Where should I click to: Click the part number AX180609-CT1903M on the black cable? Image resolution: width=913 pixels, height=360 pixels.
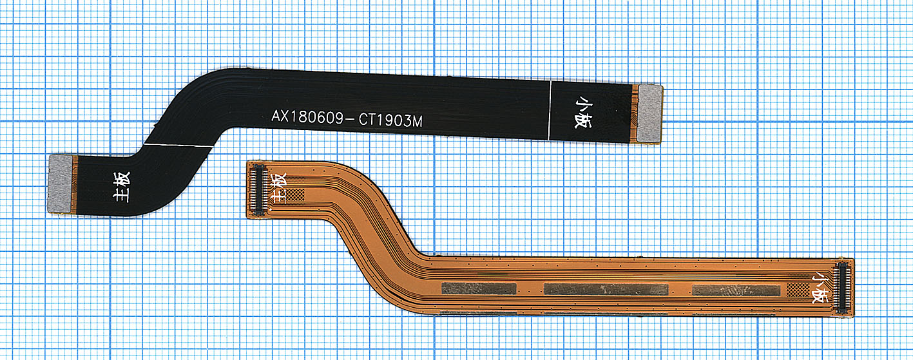(347, 119)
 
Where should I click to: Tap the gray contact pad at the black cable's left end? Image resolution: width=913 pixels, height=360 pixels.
(61, 184)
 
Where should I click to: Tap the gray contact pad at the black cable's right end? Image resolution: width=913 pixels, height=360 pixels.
(649, 114)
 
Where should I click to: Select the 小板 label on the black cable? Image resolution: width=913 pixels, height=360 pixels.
(583, 113)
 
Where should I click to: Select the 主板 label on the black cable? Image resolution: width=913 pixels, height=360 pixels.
(121, 187)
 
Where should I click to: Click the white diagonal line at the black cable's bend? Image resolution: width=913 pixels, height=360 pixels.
(178, 145)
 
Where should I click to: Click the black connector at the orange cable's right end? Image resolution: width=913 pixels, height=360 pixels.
(841, 288)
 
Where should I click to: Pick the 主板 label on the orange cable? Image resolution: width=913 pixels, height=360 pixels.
(280, 188)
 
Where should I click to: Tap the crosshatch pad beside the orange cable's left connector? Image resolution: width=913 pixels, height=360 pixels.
(296, 194)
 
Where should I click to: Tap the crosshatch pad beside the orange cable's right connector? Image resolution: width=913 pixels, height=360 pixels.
(798, 290)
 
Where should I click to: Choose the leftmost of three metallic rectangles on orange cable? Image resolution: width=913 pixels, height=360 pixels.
(479, 289)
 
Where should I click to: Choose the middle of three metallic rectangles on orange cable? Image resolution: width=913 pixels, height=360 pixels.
(606, 289)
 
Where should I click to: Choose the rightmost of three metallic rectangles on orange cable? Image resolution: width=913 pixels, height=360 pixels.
(736, 290)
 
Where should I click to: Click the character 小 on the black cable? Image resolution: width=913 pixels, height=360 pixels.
(583, 105)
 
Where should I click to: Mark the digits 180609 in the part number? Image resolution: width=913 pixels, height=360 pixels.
(318, 118)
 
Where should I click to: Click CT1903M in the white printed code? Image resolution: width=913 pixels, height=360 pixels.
(390, 120)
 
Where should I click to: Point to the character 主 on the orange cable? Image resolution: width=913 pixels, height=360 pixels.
(280, 196)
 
